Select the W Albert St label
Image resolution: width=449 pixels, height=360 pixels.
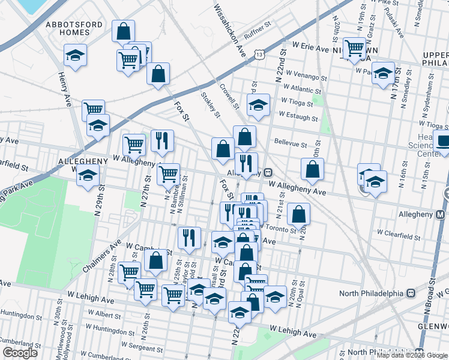pyautogui.click(x=103, y=314)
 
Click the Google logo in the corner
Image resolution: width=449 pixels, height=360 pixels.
pyautogui.click(x=20, y=353)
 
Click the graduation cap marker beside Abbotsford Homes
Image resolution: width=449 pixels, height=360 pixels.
pyautogui.click(x=75, y=55)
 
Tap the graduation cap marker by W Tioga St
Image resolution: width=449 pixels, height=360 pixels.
pyautogui.click(x=258, y=104)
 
